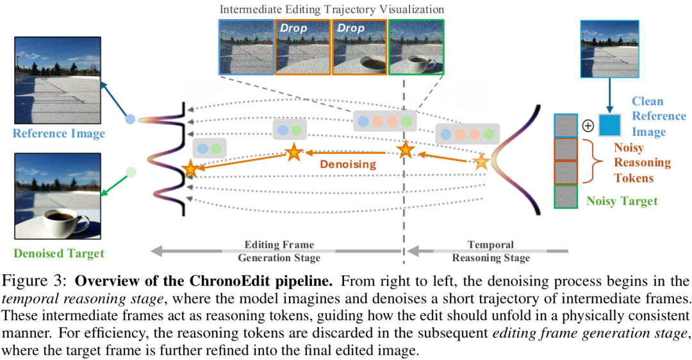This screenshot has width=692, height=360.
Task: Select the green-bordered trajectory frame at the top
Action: point(416,47)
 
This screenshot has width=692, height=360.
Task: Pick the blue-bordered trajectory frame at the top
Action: point(245,47)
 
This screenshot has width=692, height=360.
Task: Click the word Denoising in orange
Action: point(349,164)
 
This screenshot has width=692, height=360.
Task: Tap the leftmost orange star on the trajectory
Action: point(190,169)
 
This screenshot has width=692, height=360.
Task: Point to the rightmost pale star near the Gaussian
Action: point(481,162)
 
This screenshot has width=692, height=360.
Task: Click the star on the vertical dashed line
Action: point(404,151)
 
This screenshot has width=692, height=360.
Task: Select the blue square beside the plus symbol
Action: point(609,125)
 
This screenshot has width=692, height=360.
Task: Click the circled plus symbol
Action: point(588,126)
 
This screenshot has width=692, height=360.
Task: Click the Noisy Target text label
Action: point(622,201)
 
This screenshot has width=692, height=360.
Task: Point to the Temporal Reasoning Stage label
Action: point(491,252)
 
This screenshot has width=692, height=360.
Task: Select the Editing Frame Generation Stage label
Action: point(279,252)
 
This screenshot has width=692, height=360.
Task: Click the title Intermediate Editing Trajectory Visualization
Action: point(331,9)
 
